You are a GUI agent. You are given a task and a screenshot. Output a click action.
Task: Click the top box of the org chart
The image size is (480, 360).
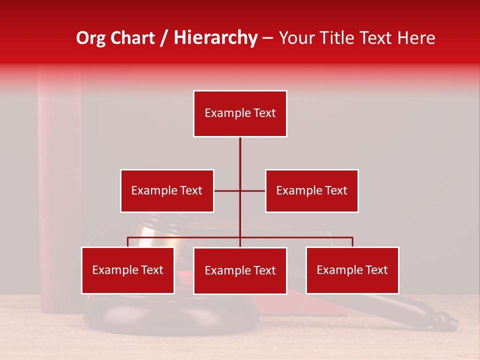point(240,113)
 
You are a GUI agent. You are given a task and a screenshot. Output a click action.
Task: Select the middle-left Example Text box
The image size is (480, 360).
point(167,190)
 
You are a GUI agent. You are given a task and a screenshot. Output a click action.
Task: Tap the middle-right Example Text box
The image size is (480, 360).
point(311,190)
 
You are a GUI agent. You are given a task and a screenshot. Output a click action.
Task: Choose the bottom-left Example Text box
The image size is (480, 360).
point(128,270)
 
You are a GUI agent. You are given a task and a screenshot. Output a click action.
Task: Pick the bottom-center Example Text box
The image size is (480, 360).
point(240,270)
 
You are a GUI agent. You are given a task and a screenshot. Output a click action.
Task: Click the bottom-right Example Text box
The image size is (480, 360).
point(352,270)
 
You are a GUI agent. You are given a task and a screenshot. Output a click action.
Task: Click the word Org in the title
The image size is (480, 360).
point(91,38)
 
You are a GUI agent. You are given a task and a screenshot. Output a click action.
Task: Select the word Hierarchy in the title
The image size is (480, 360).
point(215,38)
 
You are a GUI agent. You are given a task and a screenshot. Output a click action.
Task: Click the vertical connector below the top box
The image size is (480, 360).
point(240,155)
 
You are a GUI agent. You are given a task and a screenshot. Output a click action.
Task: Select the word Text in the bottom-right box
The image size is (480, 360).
point(376,270)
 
